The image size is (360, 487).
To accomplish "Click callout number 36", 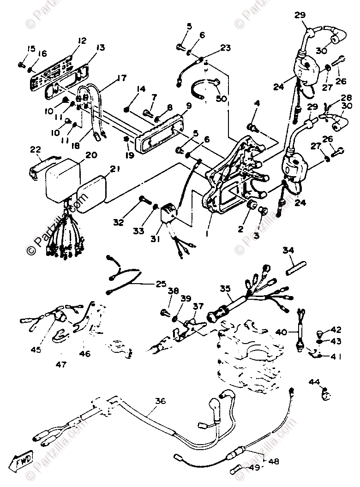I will click(x=160, y=402).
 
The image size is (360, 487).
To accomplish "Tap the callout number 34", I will click(x=288, y=250).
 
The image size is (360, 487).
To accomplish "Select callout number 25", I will click(x=160, y=284).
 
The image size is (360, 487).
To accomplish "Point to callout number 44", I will click(x=314, y=381).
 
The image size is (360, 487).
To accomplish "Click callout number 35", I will click(x=225, y=289).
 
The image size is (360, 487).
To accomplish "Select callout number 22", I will click(x=36, y=149).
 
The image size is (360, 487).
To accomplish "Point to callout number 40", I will click(x=281, y=332).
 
